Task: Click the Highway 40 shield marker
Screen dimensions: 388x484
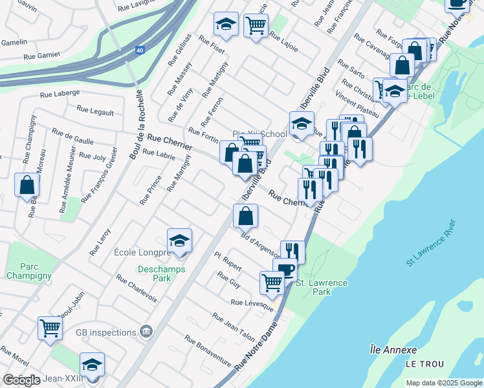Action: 139,50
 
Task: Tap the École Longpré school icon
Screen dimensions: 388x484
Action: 179,241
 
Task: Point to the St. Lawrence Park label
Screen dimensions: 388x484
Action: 322,287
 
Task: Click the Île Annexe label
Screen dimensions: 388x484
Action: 393,350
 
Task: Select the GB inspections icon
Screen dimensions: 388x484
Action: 146,332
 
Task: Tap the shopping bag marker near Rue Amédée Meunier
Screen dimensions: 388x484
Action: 27,185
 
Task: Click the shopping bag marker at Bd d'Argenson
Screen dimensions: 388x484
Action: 245,216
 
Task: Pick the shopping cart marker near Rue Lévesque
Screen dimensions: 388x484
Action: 272,282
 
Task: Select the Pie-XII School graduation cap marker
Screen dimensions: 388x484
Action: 301,124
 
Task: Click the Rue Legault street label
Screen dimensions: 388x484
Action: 95,111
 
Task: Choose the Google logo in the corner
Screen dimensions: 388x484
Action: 21,380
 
